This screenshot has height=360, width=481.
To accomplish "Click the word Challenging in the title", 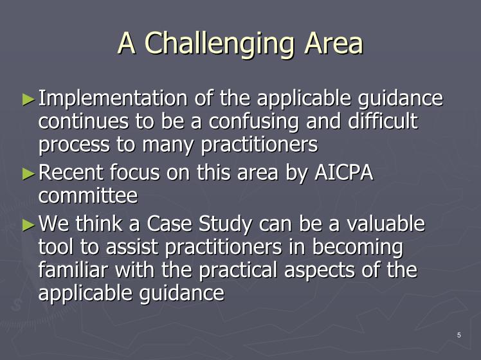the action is [219, 44].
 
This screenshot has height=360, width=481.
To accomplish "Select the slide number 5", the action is [459, 335].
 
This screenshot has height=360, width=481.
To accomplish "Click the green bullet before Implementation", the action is [28, 100].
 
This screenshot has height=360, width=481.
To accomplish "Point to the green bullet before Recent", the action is [28, 174].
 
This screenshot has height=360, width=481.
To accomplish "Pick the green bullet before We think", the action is [28, 225].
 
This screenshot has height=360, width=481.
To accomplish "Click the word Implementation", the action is [113, 100].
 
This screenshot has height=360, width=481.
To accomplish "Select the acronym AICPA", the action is [343, 172].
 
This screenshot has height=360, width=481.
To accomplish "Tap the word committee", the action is [88, 195].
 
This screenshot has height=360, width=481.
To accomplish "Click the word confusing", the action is [253, 122].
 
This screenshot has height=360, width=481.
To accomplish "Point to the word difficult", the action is [383, 120].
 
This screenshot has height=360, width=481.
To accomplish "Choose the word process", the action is [74, 145].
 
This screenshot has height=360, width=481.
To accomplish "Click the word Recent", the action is [71, 172].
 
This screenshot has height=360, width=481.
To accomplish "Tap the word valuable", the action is [386, 223].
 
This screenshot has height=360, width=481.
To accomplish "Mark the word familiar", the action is [73, 269].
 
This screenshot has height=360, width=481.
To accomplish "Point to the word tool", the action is [56, 247].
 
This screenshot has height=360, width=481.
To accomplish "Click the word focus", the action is [134, 172].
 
